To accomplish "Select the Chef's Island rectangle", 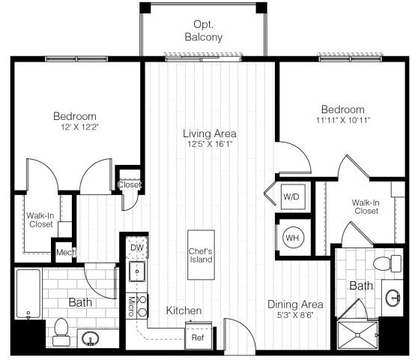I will (x=201, y=255).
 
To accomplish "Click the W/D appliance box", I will (x=291, y=196).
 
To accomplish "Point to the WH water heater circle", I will (x=291, y=238).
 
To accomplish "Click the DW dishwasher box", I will (x=137, y=247).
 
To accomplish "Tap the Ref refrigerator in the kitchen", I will (x=199, y=337).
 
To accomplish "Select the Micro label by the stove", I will (x=130, y=304).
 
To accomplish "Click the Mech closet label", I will (x=64, y=252).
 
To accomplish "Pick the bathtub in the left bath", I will (x=28, y=294).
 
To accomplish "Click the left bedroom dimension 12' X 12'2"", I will (x=74, y=127).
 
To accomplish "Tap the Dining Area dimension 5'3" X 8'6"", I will (x=295, y=316).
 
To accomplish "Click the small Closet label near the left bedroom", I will (x=128, y=184).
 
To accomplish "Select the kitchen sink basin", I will (x=137, y=271).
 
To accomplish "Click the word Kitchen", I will (x=184, y=310).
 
